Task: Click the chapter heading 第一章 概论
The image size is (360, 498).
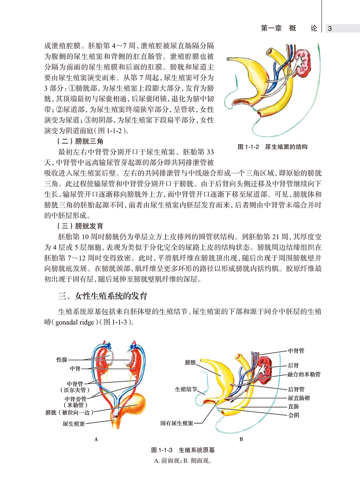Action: click(289, 28)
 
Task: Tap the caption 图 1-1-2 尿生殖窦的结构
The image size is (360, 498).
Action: click(273, 147)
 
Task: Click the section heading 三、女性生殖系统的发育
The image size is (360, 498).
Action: click(103, 296)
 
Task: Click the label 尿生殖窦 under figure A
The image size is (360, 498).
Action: click(73, 423)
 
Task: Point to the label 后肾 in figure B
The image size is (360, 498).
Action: click(293, 365)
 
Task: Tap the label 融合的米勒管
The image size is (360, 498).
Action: click(304, 375)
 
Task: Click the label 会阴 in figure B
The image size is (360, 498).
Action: click(293, 415)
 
